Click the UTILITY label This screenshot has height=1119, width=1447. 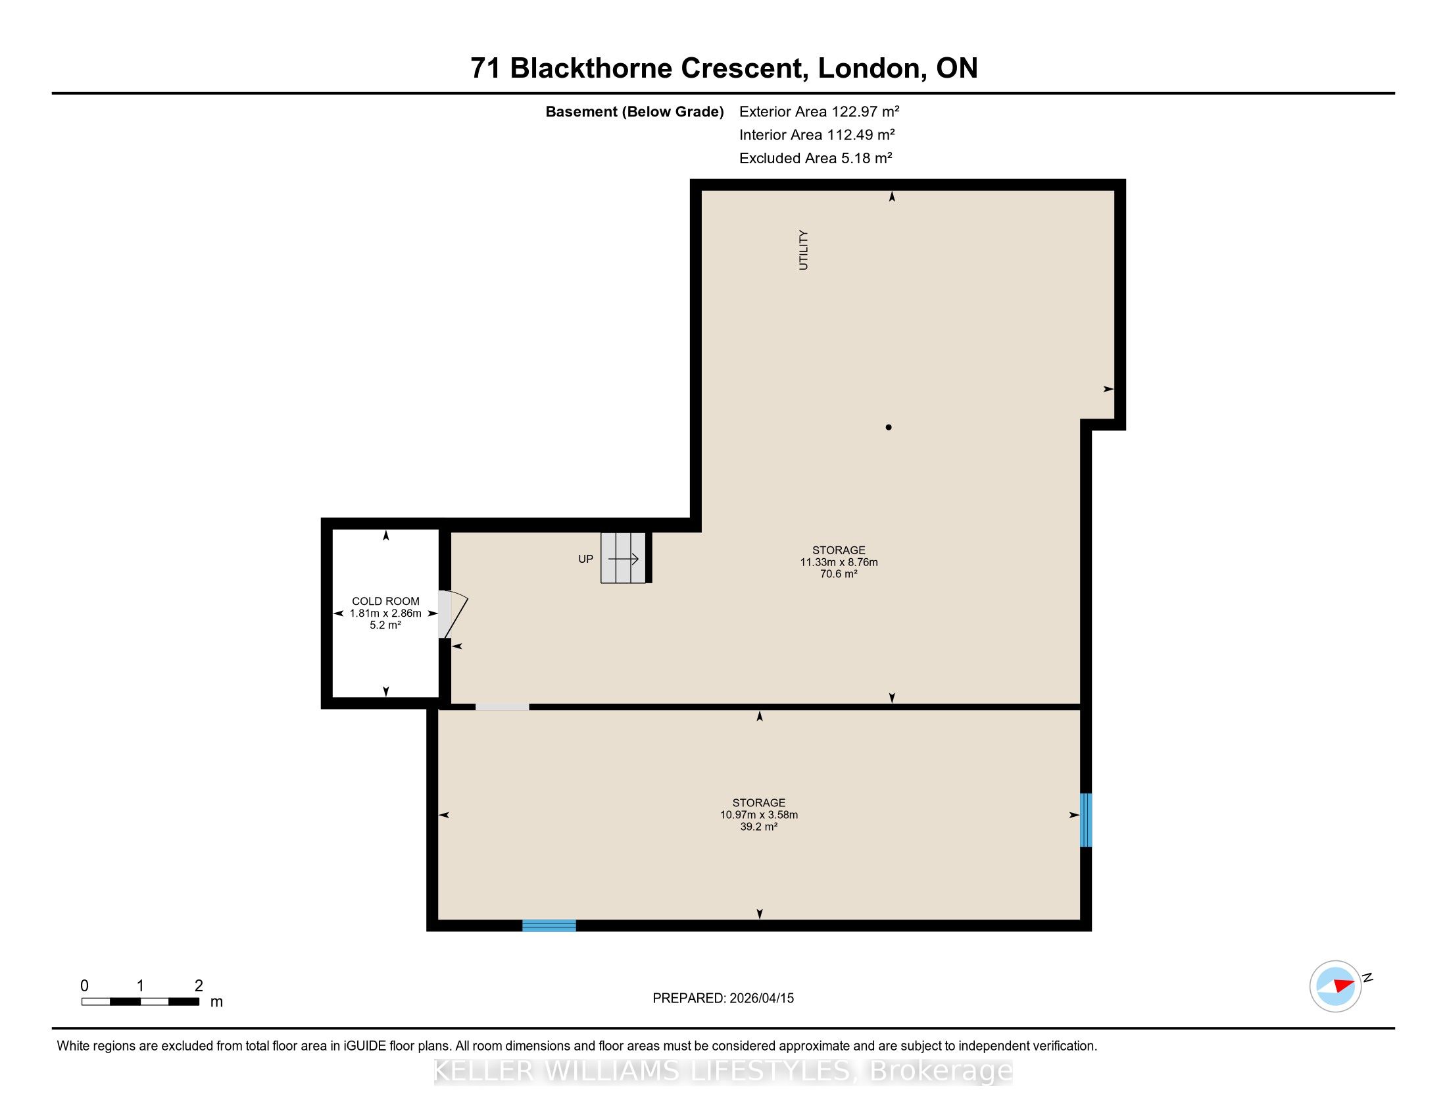803,250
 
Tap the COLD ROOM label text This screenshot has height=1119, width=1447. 385,601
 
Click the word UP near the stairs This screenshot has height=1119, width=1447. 585,559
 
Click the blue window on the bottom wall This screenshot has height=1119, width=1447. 549,925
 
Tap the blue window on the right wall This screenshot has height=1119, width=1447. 1085,820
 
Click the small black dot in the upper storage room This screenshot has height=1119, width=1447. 889,427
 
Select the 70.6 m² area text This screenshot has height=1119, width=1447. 839,574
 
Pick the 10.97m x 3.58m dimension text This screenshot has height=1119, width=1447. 759,815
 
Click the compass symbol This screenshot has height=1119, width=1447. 1336,986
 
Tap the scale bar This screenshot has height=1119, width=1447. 141,1001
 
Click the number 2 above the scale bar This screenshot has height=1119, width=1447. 199,985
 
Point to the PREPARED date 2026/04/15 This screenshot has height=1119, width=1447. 761,998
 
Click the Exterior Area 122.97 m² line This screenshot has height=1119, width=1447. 820,111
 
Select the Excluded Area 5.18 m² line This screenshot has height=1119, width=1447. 816,158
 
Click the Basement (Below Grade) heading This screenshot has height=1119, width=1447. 635,111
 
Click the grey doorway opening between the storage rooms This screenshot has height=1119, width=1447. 503,707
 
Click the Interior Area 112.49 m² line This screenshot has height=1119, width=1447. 817,134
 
